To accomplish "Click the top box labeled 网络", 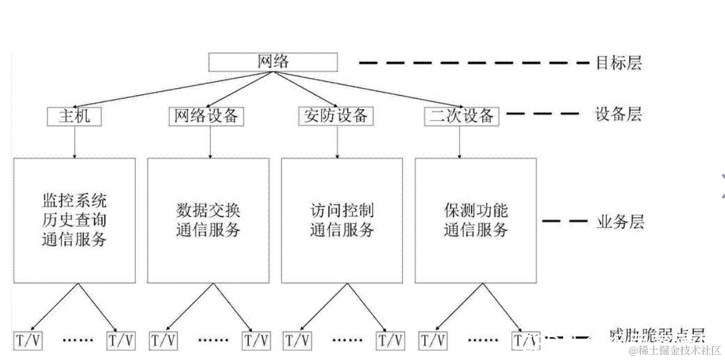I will point(273,62).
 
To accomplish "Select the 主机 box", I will point(74,116).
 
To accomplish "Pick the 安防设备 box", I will point(336,116).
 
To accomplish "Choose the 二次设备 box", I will point(461,116).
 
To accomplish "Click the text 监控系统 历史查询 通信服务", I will point(74,220).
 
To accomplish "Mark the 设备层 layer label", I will point(618,114).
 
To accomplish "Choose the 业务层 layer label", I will point(620,222).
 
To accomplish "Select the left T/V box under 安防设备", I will point(297,340).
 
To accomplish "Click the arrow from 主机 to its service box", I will point(75,141).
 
